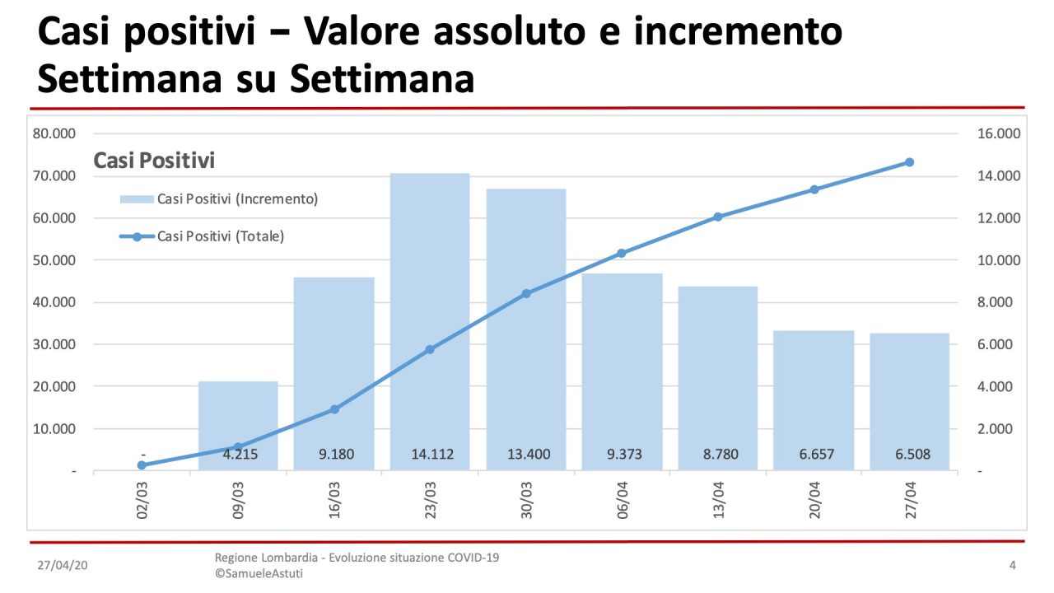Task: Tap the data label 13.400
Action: (526, 454)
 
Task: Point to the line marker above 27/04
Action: (909, 162)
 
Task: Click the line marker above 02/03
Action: (142, 465)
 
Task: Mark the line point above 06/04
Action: (622, 254)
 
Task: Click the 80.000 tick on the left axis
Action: (54, 133)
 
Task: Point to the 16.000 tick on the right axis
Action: (998, 133)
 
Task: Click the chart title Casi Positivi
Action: (154, 160)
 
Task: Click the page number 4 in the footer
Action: (1012, 565)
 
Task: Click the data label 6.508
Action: (909, 454)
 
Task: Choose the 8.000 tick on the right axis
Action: (998, 302)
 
